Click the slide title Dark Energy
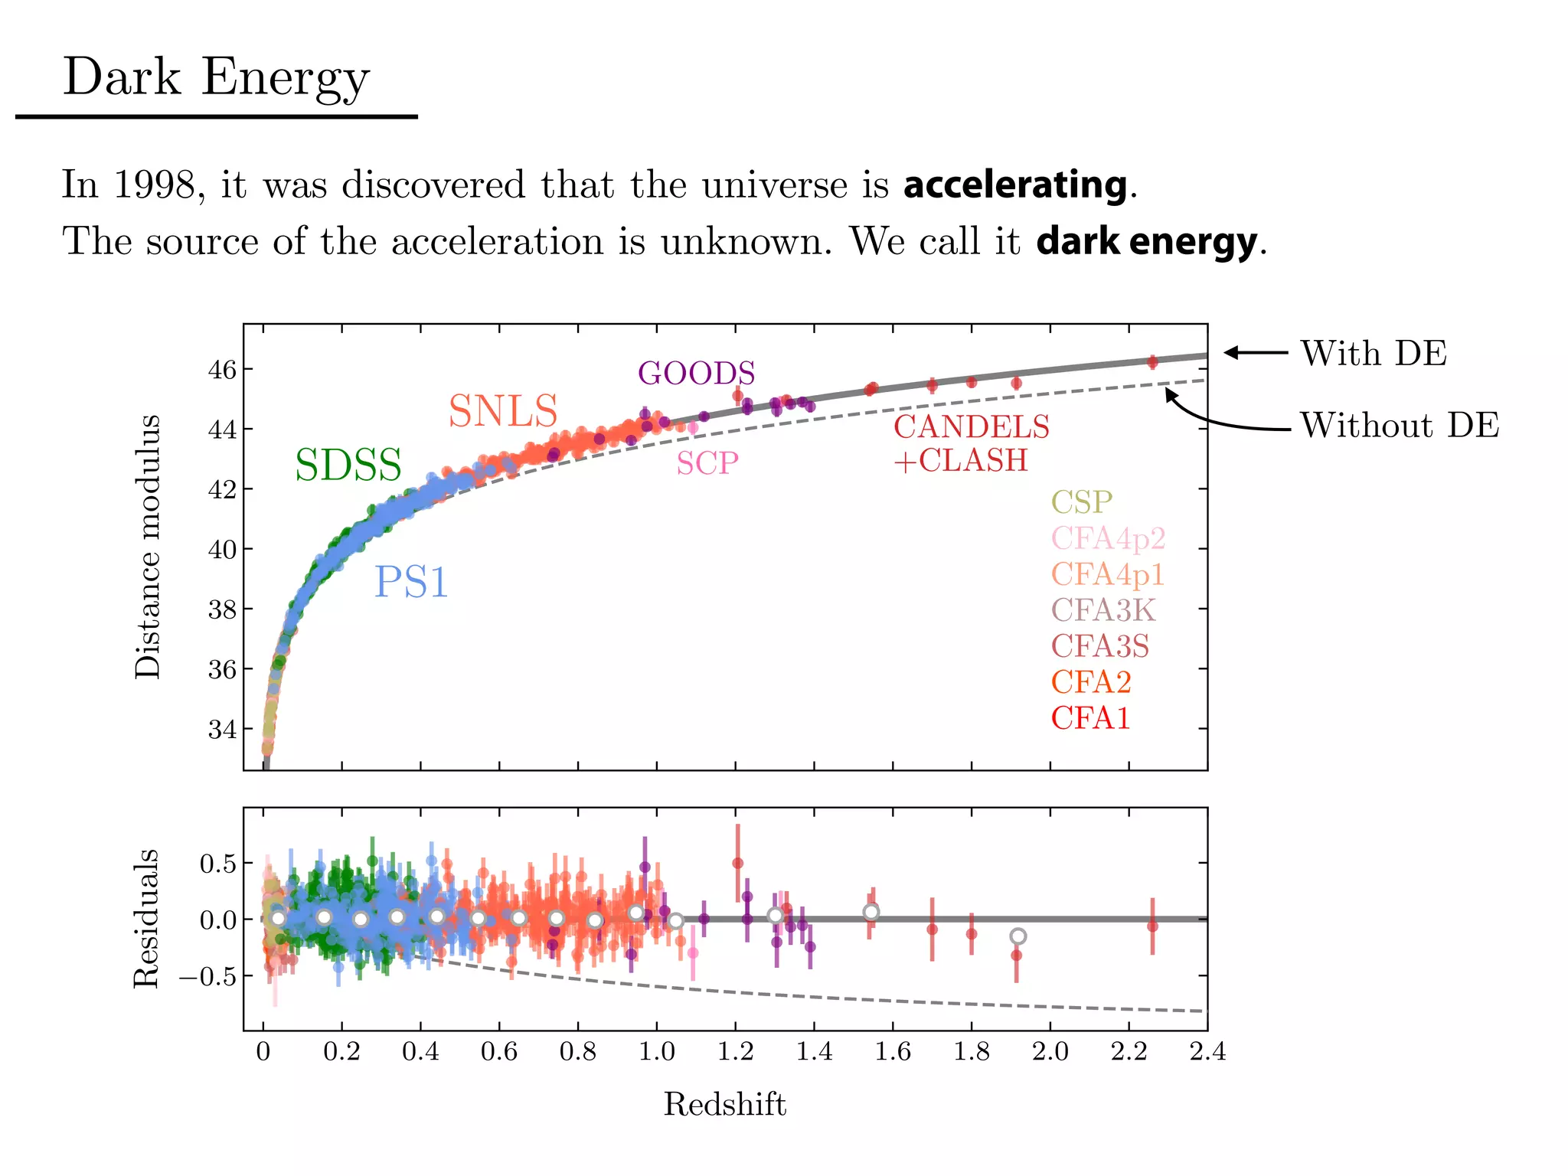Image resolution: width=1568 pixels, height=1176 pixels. click(x=216, y=78)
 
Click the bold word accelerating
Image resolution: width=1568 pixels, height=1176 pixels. click(x=1014, y=185)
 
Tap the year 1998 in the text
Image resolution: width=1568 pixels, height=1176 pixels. click(x=154, y=185)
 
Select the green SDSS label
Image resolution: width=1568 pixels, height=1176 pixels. click(x=348, y=465)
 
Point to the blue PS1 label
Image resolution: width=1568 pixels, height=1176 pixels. click(x=411, y=582)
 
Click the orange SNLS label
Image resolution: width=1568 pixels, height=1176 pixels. click(x=503, y=411)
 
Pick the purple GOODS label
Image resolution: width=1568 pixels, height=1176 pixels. click(x=697, y=373)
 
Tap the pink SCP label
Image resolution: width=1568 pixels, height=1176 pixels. click(x=707, y=463)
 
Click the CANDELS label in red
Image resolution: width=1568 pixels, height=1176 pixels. click(x=972, y=427)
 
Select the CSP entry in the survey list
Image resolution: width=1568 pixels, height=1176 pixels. click(x=1081, y=502)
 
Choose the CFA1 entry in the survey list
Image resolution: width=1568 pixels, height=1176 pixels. click(x=1090, y=718)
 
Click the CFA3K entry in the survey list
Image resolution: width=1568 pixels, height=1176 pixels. click(x=1103, y=610)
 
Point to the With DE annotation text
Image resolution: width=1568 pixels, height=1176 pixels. click(x=1374, y=354)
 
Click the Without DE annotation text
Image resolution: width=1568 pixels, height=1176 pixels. click(x=1400, y=426)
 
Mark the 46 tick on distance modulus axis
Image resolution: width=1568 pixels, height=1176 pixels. click(x=223, y=370)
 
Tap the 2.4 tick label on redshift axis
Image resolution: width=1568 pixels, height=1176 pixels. click(x=1207, y=1051)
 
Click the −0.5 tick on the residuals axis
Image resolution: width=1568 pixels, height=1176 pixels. click(x=207, y=977)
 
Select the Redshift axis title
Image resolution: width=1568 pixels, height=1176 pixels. click(x=724, y=1104)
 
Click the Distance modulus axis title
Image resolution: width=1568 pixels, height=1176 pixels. click(x=147, y=547)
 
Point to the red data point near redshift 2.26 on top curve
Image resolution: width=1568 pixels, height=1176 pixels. click(x=1152, y=361)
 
